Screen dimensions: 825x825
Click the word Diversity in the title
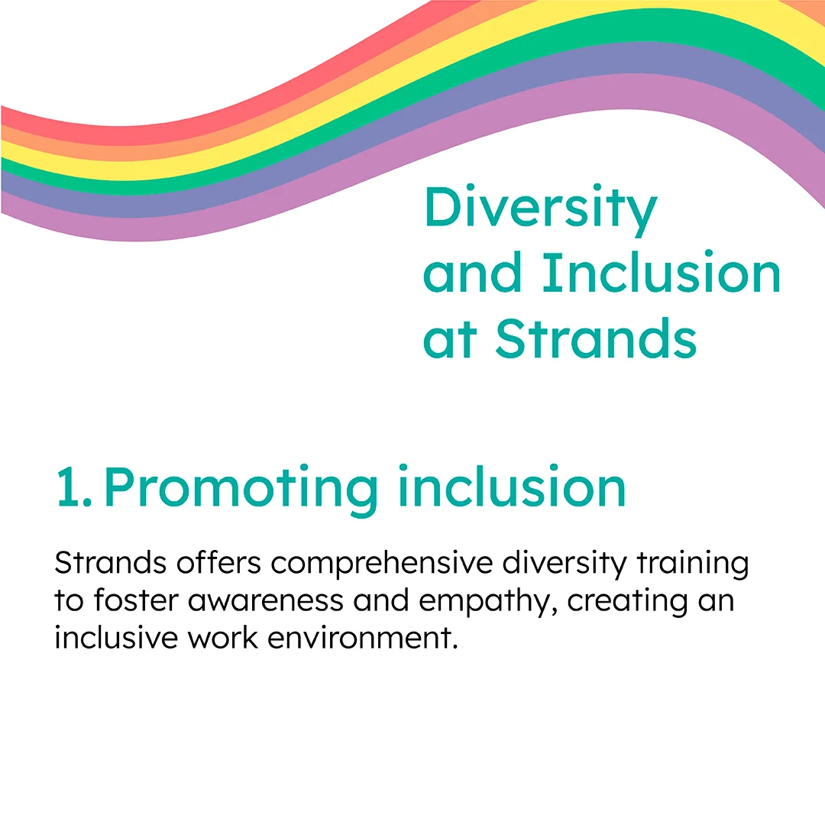click(x=540, y=209)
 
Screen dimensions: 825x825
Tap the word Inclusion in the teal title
click(x=662, y=272)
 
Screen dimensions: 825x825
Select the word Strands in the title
click(x=596, y=338)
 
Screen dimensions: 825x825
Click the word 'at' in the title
click(x=450, y=341)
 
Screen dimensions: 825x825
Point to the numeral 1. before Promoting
click(x=73, y=486)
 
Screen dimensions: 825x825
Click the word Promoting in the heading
click(x=241, y=490)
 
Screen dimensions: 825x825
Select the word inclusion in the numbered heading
click(x=512, y=485)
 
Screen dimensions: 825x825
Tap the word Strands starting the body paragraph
click(x=111, y=562)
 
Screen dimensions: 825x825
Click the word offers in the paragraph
click(x=219, y=562)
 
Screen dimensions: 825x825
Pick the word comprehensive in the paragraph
click(x=381, y=564)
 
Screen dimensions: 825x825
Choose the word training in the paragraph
click(x=693, y=564)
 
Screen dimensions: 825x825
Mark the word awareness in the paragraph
click(x=265, y=601)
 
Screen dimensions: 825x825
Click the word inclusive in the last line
click(x=116, y=638)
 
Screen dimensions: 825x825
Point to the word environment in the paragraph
click(x=363, y=638)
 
